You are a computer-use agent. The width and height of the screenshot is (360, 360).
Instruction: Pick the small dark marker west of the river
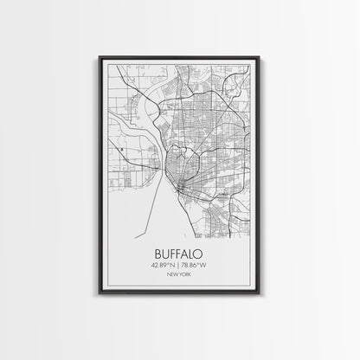pyautogui.click(x=125, y=149)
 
